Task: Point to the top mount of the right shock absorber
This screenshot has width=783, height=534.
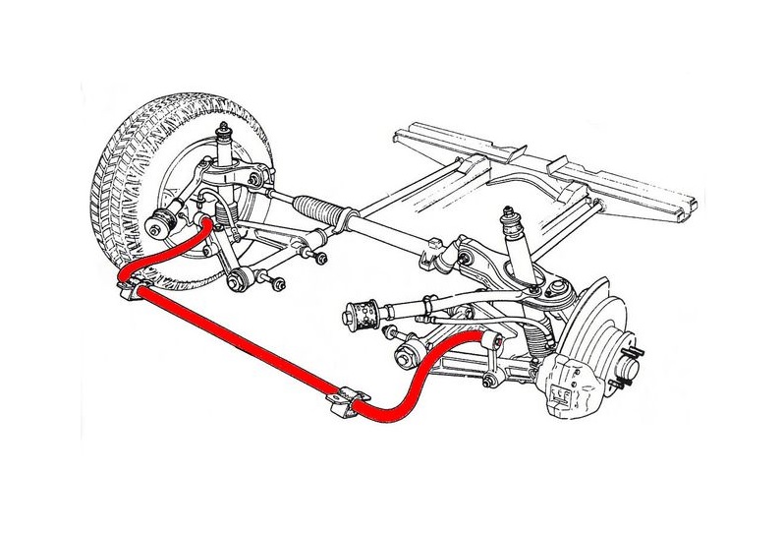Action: coord(509,213)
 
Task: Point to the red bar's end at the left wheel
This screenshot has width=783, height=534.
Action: coord(204,225)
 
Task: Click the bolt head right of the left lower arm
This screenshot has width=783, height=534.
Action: coord(279,285)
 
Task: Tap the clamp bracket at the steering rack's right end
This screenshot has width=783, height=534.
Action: coord(428,259)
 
